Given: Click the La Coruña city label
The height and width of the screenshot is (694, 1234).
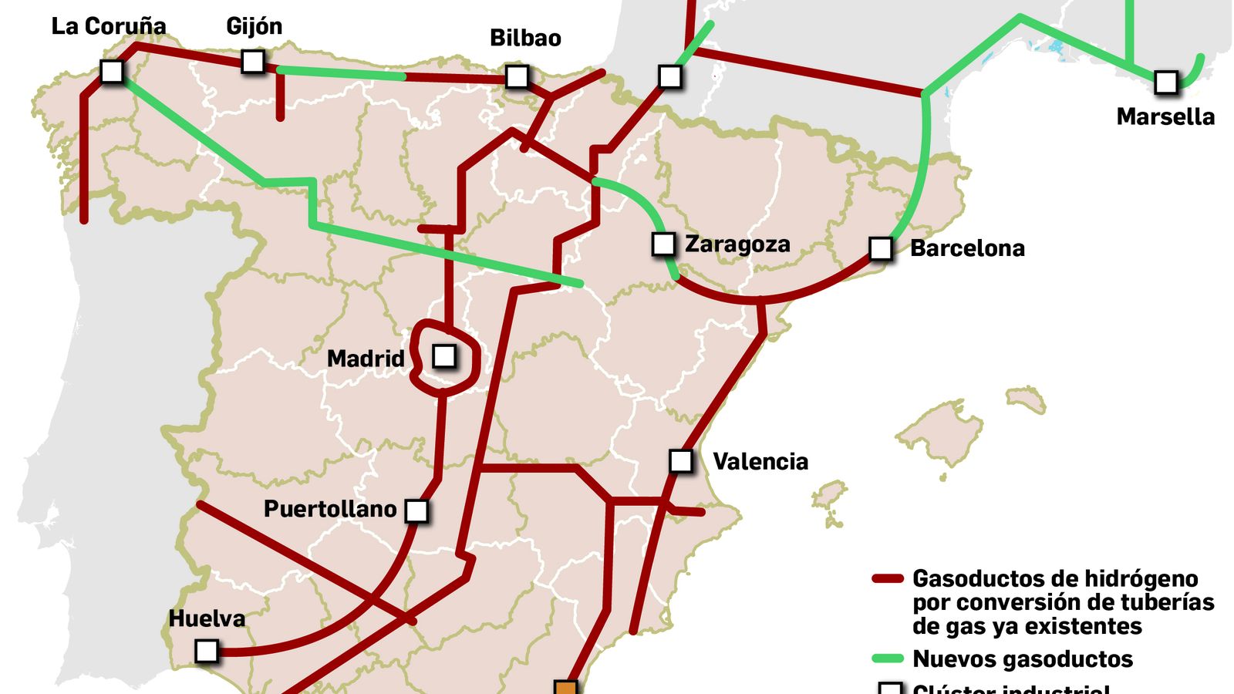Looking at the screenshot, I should (109, 26).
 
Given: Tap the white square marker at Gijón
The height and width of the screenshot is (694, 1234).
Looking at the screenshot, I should (253, 62).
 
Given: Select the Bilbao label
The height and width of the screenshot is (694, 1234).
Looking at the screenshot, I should (525, 38).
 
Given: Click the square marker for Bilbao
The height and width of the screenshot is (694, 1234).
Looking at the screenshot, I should (517, 76).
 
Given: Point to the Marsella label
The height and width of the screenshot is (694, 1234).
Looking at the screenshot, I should (1165, 117).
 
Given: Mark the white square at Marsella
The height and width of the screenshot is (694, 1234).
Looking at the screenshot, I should (1166, 82).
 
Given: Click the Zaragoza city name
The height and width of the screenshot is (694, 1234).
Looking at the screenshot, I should (737, 244).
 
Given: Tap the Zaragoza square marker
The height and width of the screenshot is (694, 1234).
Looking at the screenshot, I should (663, 244).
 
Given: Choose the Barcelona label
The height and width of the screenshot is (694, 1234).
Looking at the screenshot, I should (967, 248).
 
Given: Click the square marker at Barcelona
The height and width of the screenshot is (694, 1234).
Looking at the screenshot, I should (881, 248).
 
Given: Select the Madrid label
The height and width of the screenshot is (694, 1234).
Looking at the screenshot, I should (366, 359).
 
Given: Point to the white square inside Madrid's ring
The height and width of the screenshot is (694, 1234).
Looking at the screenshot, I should (444, 356).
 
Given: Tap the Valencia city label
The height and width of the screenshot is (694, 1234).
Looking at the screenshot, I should (760, 462).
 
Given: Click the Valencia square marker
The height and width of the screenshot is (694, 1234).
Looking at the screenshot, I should (681, 461).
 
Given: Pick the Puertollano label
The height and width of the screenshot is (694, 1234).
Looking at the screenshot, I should (330, 509).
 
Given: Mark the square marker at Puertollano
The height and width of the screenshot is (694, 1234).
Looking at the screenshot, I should (416, 510).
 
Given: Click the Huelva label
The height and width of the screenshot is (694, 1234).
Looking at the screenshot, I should (207, 618).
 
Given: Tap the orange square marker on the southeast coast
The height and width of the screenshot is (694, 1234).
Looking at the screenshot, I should (565, 689).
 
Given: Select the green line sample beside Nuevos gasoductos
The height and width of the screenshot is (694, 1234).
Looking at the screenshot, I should (887, 659).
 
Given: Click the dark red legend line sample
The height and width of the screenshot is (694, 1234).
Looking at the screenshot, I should (887, 578).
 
